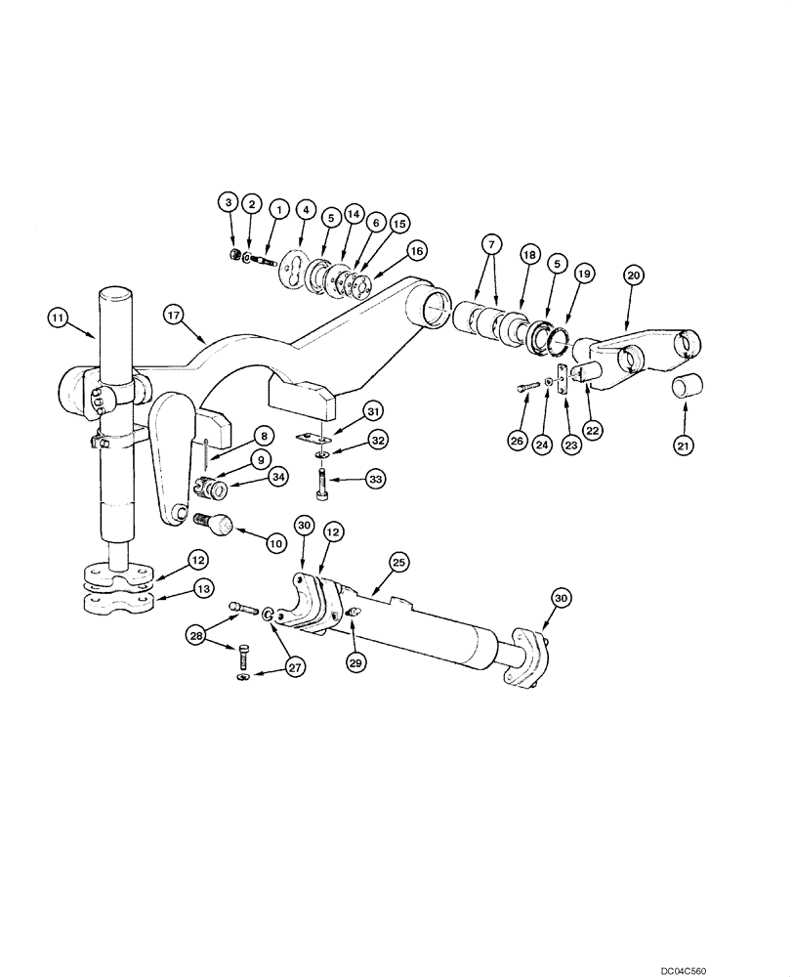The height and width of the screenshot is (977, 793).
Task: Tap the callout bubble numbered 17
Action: click(175, 315)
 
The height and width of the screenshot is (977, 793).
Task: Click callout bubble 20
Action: click(632, 276)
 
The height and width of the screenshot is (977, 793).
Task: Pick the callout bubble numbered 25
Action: click(400, 562)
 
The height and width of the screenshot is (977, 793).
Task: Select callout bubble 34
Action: click(278, 477)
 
